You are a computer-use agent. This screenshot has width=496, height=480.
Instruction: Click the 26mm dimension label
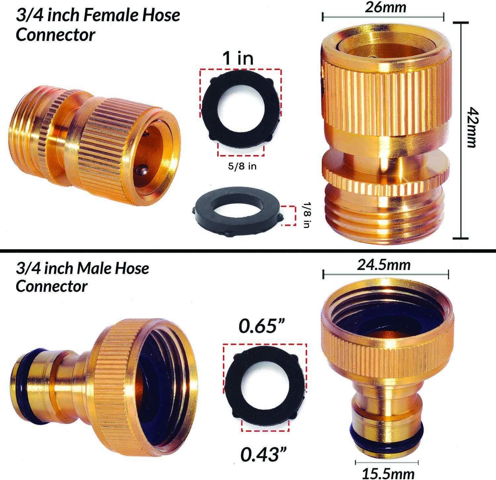(385, 7)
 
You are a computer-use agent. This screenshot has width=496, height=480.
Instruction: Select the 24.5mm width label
(384, 265)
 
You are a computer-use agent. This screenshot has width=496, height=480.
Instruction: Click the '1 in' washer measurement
(238, 58)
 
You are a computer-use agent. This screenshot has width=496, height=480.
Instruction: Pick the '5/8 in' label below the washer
(242, 166)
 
